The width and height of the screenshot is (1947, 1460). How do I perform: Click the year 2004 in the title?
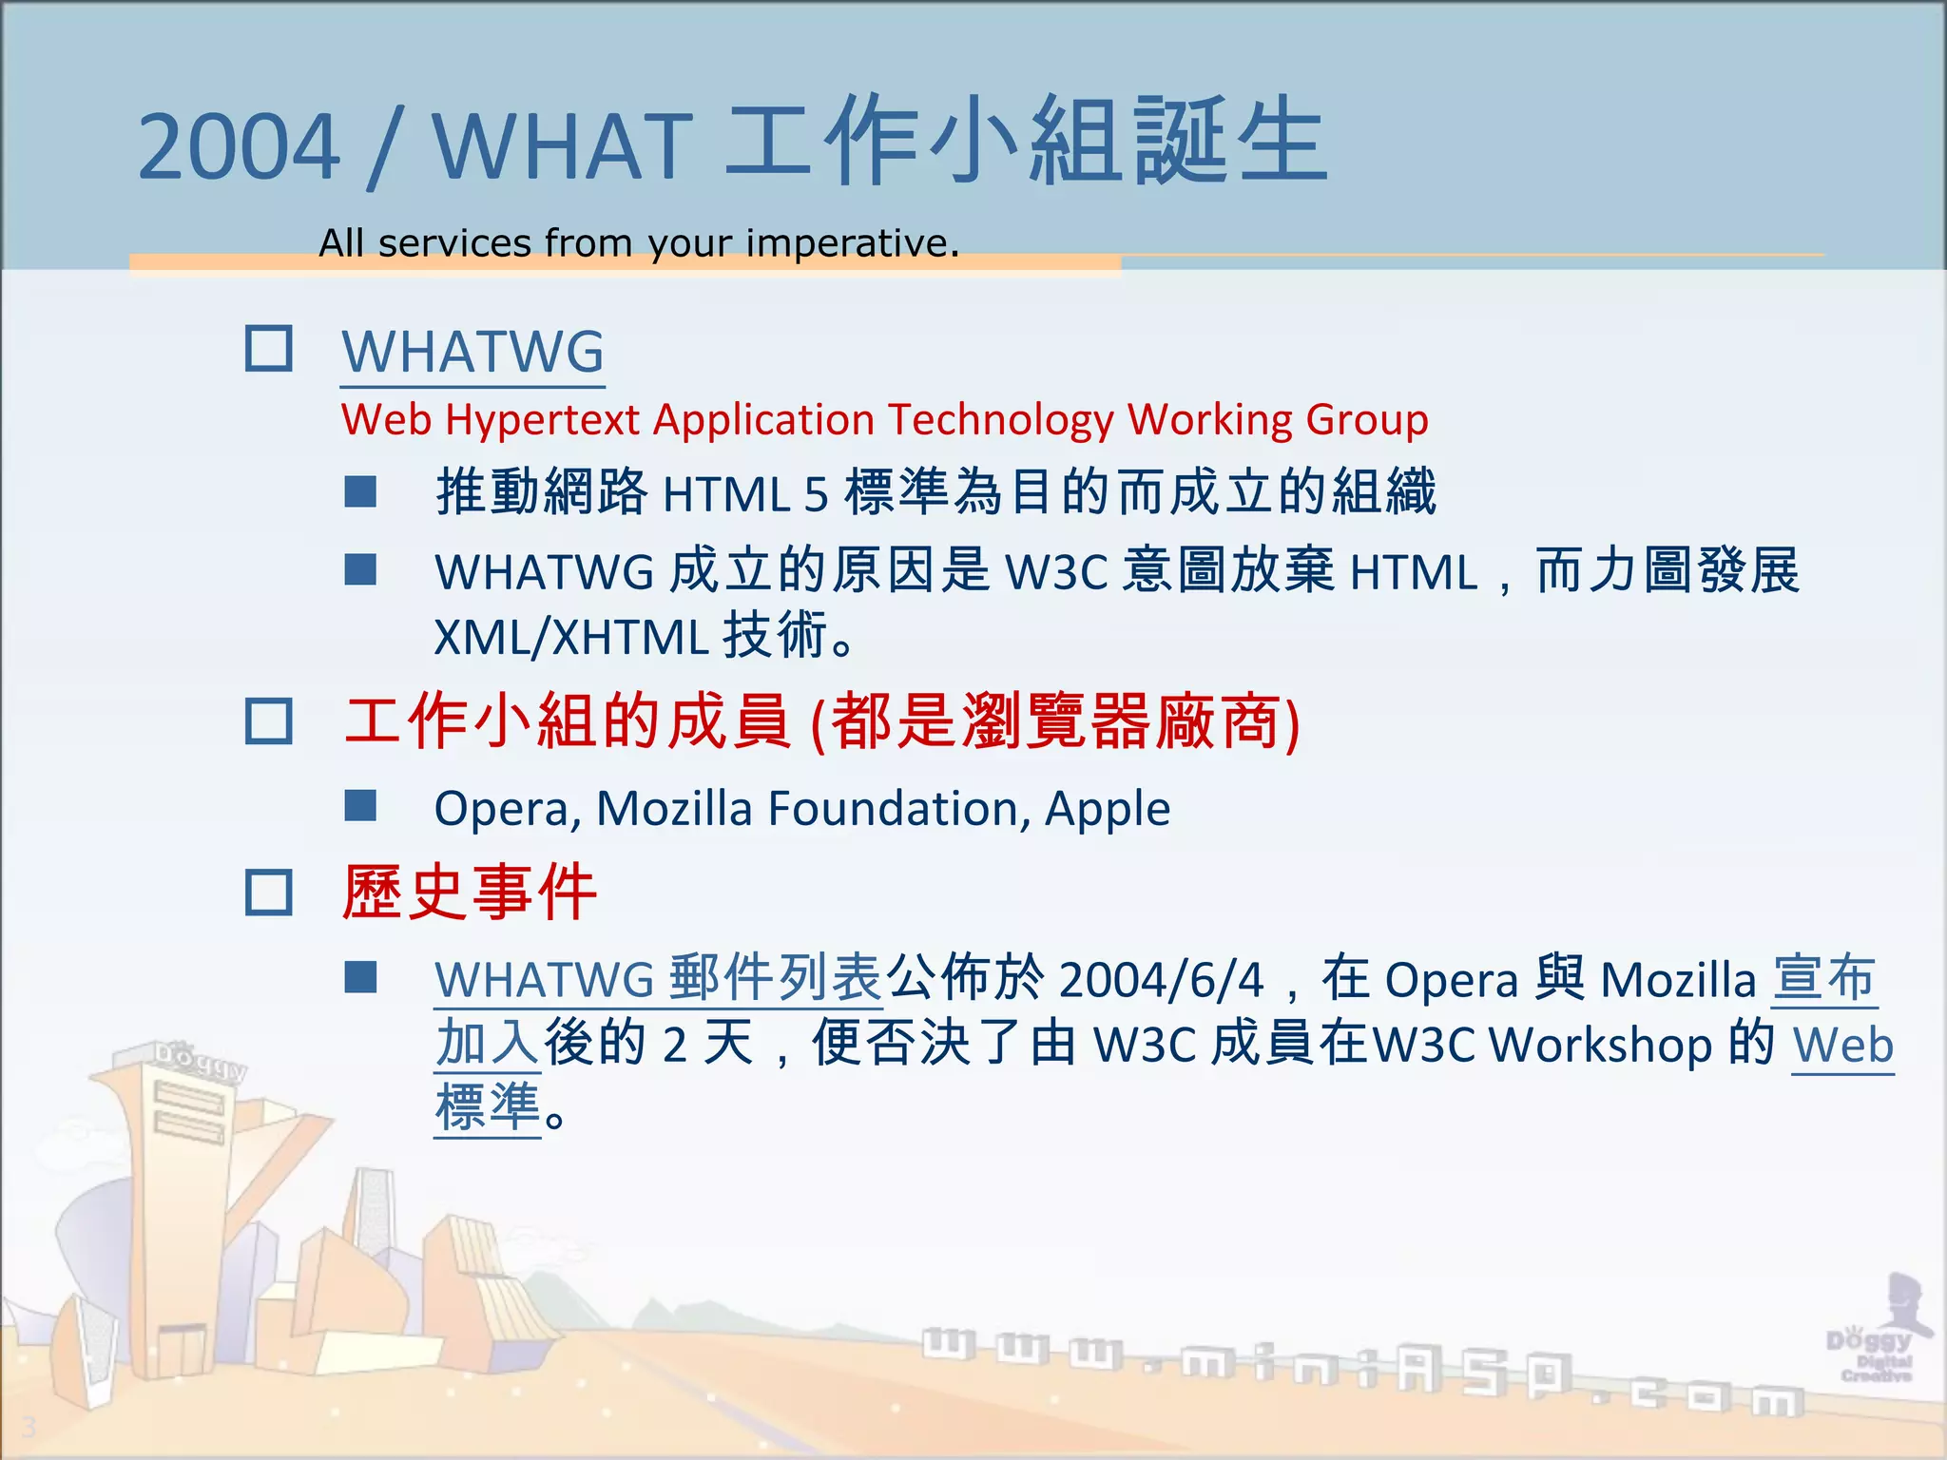pyautogui.click(x=239, y=147)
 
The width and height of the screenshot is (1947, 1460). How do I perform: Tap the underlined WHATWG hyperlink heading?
pyautogui.click(x=472, y=353)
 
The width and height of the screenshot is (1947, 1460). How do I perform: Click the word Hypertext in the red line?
pyautogui.click(x=542, y=420)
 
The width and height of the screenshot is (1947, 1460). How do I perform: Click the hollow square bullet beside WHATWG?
pyautogui.click(x=269, y=349)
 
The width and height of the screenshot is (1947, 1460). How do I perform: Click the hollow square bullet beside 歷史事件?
pyautogui.click(x=269, y=893)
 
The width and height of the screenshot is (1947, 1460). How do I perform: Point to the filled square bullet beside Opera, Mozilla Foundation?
pyautogui.click(x=360, y=806)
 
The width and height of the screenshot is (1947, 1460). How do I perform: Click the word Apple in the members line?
pyautogui.click(x=1108, y=810)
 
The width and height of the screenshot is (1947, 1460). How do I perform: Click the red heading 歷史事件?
pyautogui.click(x=470, y=893)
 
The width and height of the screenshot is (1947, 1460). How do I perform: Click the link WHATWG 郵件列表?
pyautogui.click(x=658, y=979)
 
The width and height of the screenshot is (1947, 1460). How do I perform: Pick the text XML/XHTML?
pyautogui.click(x=570, y=638)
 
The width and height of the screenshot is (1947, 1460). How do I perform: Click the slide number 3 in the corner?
pyautogui.click(x=29, y=1427)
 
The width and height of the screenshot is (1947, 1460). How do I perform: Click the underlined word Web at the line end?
pyautogui.click(x=1842, y=1046)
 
